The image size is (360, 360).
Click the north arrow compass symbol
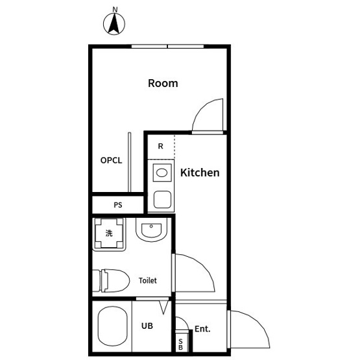click(114, 24)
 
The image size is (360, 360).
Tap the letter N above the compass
click(115, 10)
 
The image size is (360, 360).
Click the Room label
click(163, 83)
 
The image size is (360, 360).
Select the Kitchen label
click(200, 173)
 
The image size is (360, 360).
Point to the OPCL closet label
click(111, 160)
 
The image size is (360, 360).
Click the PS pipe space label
click(118, 205)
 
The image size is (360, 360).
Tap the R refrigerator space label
click(161, 146)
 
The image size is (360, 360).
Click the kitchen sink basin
click(162, 173)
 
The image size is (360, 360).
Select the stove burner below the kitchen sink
click(162, 200)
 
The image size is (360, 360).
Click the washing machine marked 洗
click(109, 234)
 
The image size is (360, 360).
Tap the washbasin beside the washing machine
click(151, 230)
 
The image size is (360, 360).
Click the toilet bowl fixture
click(111, 281)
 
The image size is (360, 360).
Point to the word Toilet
click(148, 280)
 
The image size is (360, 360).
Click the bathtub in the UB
click(112, 326)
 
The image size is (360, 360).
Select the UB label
click(147, 326)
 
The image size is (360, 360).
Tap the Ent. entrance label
click(202, 329)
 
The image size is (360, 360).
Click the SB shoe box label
click(180, 344)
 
